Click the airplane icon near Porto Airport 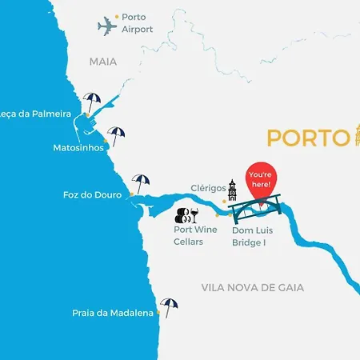tap(107, 26)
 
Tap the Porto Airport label tap(138, 22)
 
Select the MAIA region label tap(103, 62)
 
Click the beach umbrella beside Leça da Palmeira tap(93, 103)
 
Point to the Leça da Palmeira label tap(37, 114)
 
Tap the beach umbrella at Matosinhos tap(117, 135)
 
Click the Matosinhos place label tap(78, 148)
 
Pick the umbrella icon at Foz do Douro tap(141, 182)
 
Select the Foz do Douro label tap(92, 194)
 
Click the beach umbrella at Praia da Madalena tap(169, 306)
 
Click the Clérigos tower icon tap(232, 190)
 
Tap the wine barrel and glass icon tap(186, 214)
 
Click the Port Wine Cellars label tap(195, 235)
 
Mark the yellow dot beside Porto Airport tap(117, 16)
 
